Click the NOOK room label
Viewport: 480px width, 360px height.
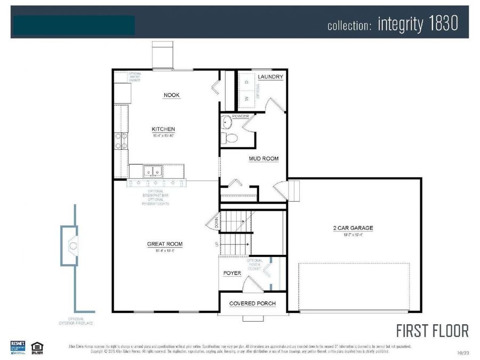click(171, 95)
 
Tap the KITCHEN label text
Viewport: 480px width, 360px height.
click(163, 130)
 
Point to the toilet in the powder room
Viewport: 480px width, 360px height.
click(231, 138)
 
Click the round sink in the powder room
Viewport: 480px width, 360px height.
click(226, 122)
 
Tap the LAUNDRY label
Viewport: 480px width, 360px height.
click(270, 77)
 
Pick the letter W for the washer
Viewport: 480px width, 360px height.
click(246, 99)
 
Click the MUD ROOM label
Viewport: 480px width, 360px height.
click(263, 159)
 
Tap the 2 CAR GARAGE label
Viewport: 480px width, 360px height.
click(353, 228)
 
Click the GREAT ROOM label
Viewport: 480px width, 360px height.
click(165, 244)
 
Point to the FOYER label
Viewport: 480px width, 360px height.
click(232, 273)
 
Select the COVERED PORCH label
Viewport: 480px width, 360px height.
click(252, 303)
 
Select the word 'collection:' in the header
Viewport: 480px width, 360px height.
click(349, 25)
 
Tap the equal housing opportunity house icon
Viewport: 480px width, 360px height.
click(37, 346)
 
